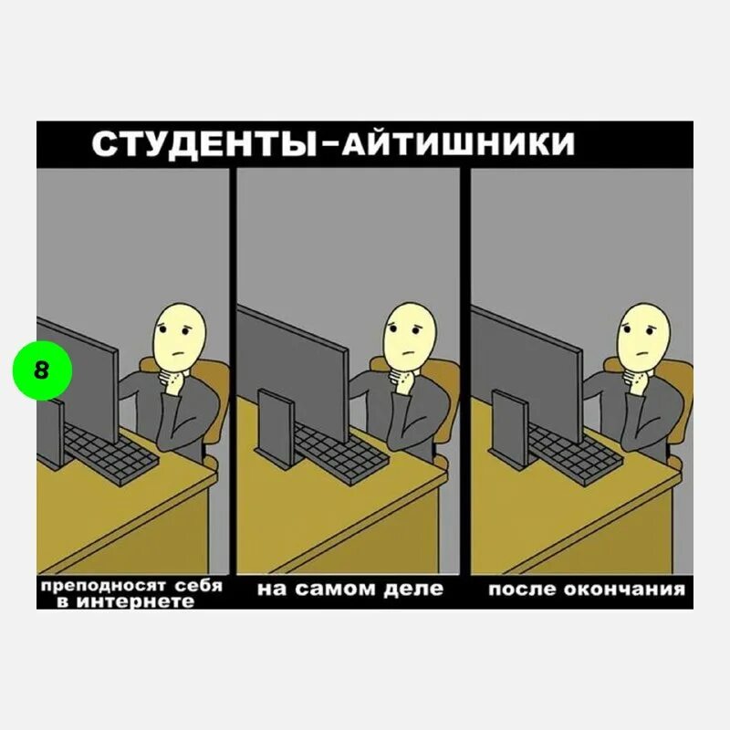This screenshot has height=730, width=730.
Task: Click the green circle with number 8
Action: coord(42,371)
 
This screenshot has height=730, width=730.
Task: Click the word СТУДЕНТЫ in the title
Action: coord(201,144)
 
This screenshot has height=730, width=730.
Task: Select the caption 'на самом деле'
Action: coord(350,589)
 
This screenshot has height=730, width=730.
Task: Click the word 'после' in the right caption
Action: coord(518,589)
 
